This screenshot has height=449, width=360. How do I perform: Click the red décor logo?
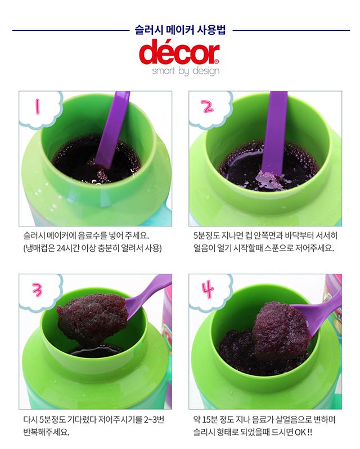[179, 53]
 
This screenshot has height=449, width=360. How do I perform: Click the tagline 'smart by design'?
[186, 71]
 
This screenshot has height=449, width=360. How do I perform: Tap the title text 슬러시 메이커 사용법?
[181, 30]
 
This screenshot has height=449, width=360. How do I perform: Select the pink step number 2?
[208, 107]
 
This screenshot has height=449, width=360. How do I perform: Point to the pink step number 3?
[37, 289]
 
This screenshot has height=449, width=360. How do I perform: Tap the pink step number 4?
[208, 289]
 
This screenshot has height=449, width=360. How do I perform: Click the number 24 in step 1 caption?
[61, 248]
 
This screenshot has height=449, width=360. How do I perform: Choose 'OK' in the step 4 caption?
[300, 432]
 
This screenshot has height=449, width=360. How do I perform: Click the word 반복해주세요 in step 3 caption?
[47, 432]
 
